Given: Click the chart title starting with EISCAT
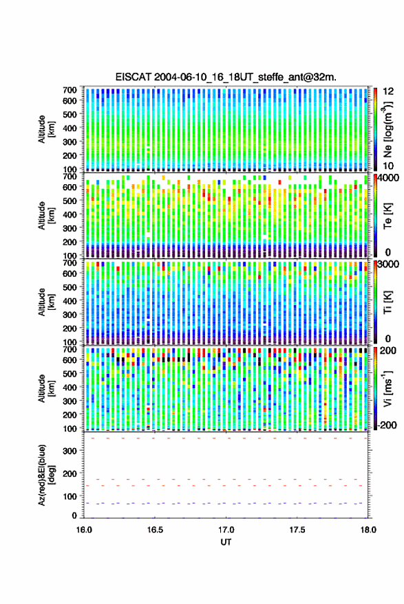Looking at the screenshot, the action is [226, 77].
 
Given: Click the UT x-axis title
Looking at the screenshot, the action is [226, 542].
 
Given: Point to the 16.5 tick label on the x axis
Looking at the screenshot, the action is [155, 530].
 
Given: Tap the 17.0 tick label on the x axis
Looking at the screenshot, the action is [226, 530].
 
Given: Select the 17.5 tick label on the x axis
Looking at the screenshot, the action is [297, 530].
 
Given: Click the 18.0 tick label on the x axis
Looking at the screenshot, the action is [368, 530].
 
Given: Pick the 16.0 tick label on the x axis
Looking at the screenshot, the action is [84, 530].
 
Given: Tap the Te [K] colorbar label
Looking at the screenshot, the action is [387, 216].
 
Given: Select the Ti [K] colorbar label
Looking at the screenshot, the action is [387, 302].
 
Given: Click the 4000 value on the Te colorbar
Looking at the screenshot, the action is [388, 179].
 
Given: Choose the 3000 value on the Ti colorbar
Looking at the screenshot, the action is [388, 265].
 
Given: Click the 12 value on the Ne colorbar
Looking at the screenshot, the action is [388, 91].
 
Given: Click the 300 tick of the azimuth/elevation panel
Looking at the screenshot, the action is [70, 451].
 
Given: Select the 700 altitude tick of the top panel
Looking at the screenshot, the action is [70, 90].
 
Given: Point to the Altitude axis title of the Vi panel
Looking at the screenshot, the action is [46, 388].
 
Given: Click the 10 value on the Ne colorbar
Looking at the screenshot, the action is [388, 166].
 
